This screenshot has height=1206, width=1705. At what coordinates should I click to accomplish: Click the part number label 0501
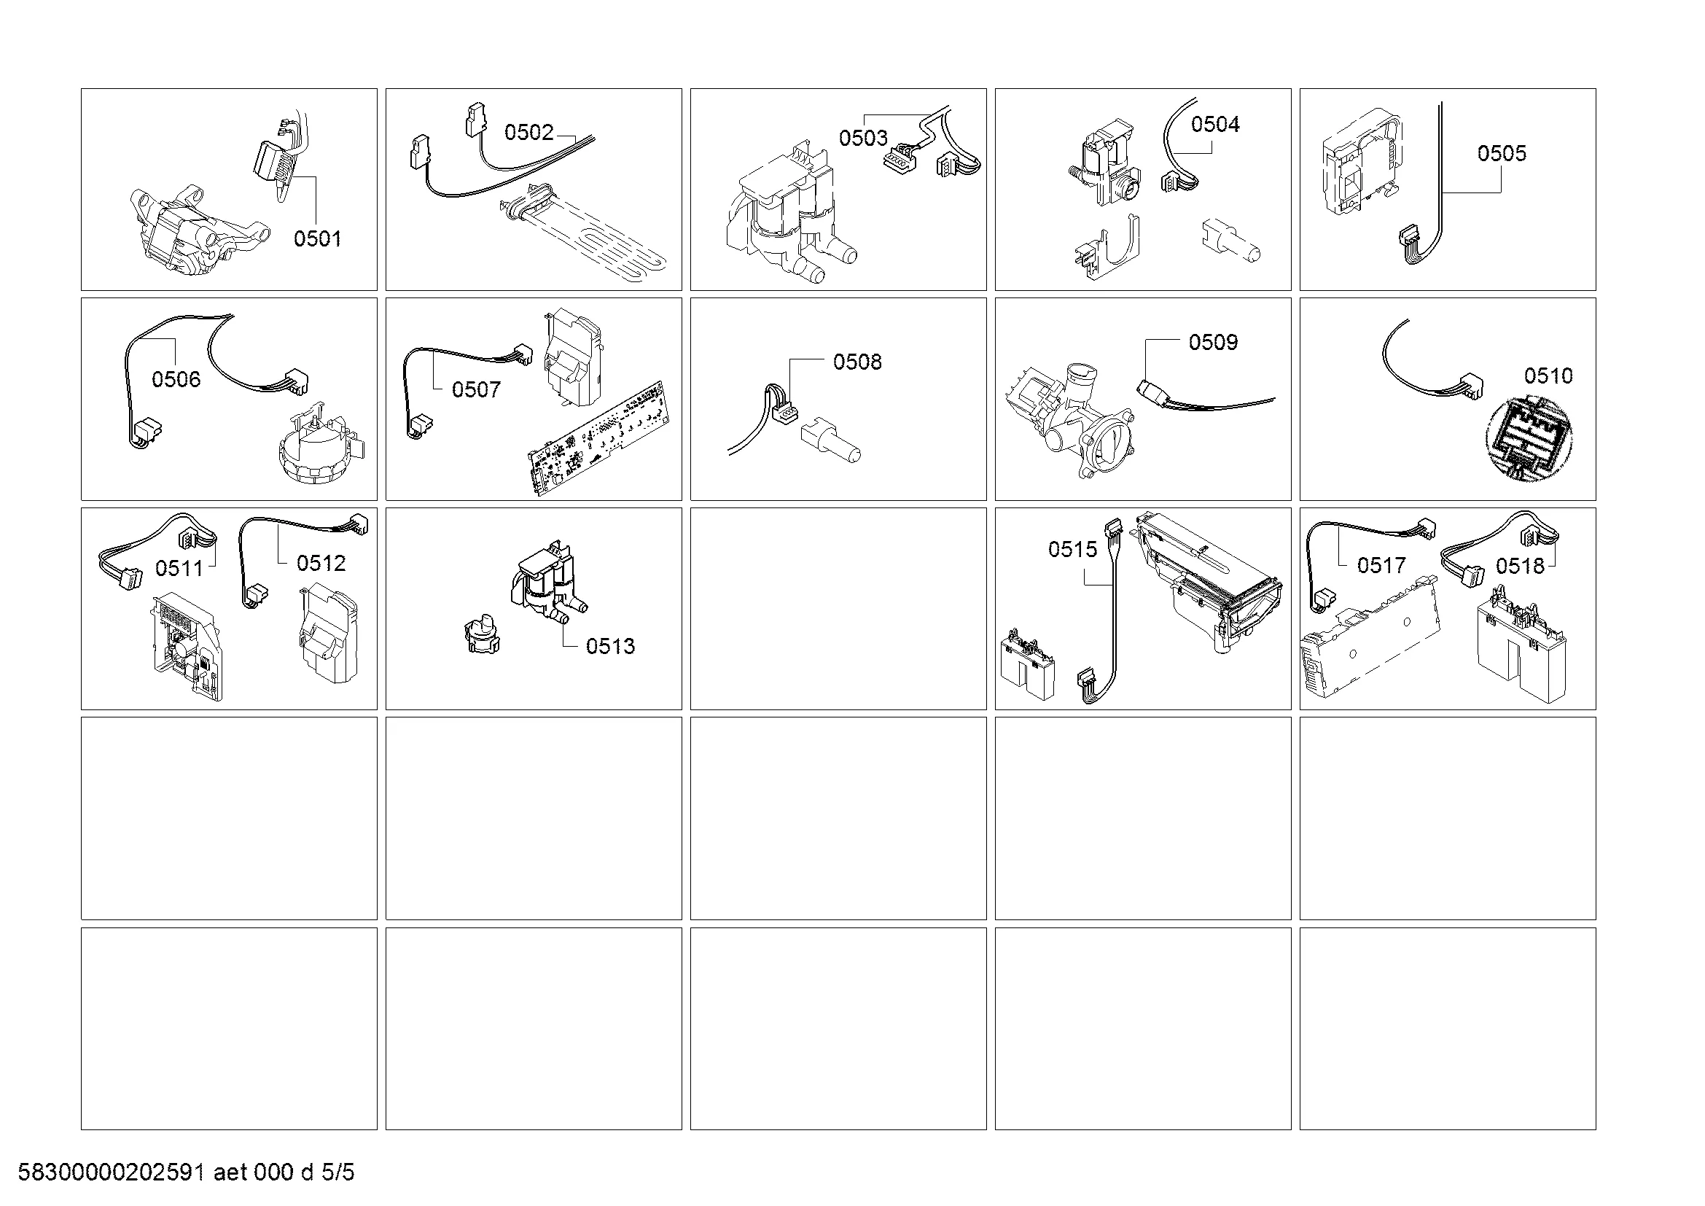click(317, 238)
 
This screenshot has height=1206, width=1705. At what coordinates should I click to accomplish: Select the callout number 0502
click(528, 132)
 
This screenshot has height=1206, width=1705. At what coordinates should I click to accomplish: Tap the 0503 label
click(863, 137)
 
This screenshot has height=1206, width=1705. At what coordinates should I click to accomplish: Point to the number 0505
click(1502, 153)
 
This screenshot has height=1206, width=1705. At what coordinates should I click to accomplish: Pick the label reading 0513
click(610, 646)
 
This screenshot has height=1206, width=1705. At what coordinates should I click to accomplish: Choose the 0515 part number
click(1072, 549)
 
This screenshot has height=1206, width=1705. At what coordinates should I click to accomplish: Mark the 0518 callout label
click(1520, 566)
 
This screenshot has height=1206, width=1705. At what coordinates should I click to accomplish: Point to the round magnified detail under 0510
click(1530, 439)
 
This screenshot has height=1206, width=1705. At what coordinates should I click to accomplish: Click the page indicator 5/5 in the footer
click(338, 1172)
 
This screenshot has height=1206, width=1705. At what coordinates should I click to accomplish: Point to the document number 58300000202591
click(112, 1172)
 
